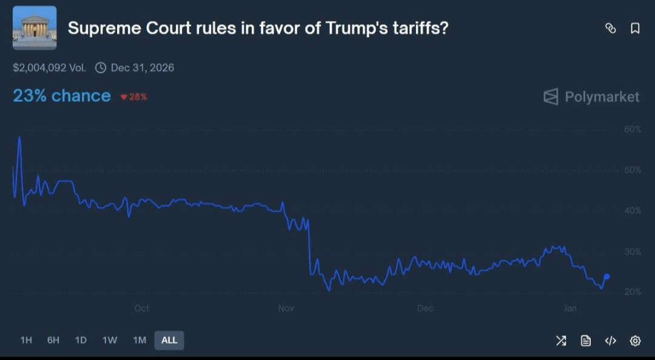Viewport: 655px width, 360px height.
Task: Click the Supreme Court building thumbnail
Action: tap(35, 28)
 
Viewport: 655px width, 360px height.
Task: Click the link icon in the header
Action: tap(611, 28)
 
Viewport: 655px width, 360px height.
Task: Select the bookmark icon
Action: tap(635, 28)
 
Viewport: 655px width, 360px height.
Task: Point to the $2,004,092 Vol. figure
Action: tap(49, 67)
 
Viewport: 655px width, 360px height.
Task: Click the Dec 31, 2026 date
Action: tap(142, 67)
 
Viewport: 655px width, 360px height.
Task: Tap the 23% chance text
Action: tap(62, 96)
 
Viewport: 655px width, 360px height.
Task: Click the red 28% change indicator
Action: tap(133, 97)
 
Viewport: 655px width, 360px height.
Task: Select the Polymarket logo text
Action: tap(591, 97)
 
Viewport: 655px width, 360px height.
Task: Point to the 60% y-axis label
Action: tap(633, 129)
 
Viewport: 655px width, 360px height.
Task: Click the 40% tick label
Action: tap(633, 211)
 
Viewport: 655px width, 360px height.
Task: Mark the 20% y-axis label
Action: tap(633, 292)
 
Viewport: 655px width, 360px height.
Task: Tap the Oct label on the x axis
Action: tap(141, 308)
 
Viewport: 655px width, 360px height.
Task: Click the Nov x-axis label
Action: tap(286, 308)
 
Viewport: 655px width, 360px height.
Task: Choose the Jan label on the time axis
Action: tap(570, 308)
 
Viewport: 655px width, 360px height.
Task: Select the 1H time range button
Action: tap(26, 340)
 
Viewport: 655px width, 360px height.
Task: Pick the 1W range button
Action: tap(110, 340)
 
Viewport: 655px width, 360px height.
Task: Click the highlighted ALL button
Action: tap(169, 340)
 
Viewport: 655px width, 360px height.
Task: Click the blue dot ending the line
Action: tap(607, 276)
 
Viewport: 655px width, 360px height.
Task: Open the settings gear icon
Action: tap(635, 341)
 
